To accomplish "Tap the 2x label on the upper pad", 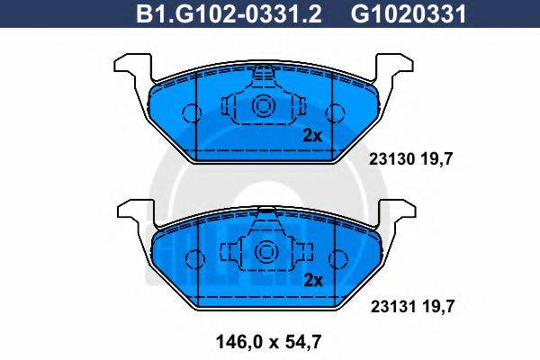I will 311,136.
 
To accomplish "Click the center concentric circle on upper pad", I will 265,107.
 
